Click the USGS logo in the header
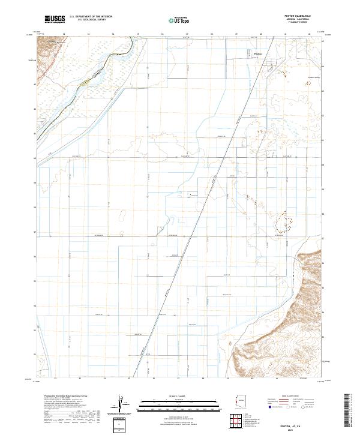[x=54, y=20]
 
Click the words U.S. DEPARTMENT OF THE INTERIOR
[x=91, y=17]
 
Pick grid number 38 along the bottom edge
[x=203, y=379]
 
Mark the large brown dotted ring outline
[x=284, y=223]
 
